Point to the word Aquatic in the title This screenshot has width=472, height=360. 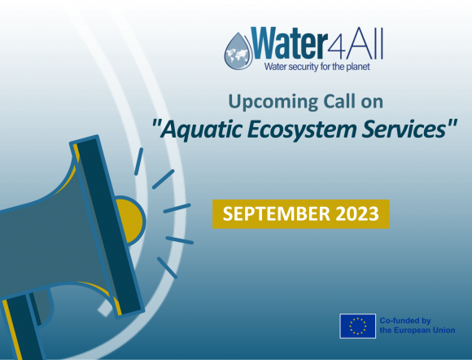pos(202,128)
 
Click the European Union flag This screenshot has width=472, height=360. pos(357,326)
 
